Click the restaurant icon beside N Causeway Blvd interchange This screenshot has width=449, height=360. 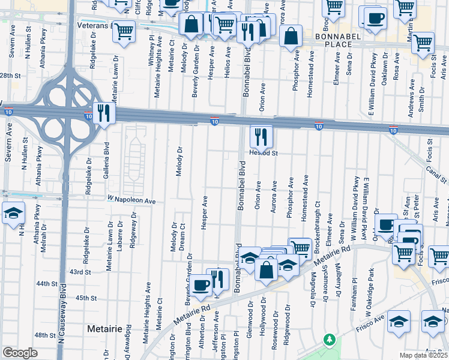(104, 112)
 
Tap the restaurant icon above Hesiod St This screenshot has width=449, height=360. (261, 135)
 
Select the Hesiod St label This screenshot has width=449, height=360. (264, 153)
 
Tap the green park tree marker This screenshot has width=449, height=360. (329, 340)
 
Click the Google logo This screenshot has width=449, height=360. (20, 353)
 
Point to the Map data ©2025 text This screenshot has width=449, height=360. (424, 355)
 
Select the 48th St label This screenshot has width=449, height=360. (45, 335)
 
